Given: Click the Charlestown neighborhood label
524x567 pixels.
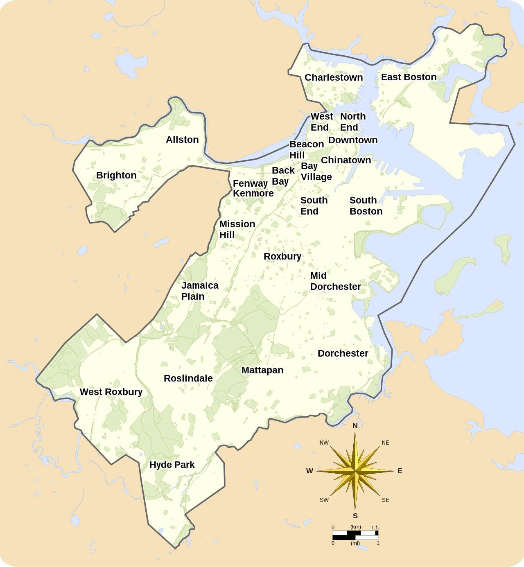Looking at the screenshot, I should pyautogui.click(x=334, y=77).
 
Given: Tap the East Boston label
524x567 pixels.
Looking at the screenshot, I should pyautogui.click(x=409, y=77).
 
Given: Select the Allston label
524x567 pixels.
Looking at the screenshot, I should pyautogui.click(x=182, y=140).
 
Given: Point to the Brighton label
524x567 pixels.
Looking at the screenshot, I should pyautogui.click(x=116, y=175).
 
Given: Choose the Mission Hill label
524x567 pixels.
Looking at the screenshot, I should pyautogui.click(x=237, y=229).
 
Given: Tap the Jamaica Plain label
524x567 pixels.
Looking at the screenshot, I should pyautogui.click(x=200, y=291).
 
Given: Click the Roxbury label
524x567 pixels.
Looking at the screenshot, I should pyautogui.click(x=282, y=256).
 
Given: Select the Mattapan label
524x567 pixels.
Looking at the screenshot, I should pyautogui.click(x=262, y=370).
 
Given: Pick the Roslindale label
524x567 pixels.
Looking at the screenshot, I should pyautogui.click(x=188, y=378).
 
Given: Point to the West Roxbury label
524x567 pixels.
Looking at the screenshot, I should pyautogui.click(x=111, y=392).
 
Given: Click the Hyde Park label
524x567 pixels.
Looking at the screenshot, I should pyautogui.click(x=172, y=465).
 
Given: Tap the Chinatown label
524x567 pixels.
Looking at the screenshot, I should pyautogui.click(x=346, y=160).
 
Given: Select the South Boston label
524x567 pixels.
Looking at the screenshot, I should pyautogui.click(x=366, y=206).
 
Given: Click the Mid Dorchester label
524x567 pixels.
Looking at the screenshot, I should pyautogui.click(x=335, y=281).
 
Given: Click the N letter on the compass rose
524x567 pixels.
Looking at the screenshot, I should pyautogui.click(x=355, y=426).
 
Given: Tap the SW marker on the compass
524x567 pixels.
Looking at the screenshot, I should pyautogui.click(x=324, y=500).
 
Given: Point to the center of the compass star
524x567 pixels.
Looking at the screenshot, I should pyautogui.click(x=355, y=471).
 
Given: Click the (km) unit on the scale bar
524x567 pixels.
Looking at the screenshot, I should pyautogui.click(x=355, y=527).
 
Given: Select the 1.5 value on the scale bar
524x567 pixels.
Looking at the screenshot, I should pyautogui.click(x=375, y=527).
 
